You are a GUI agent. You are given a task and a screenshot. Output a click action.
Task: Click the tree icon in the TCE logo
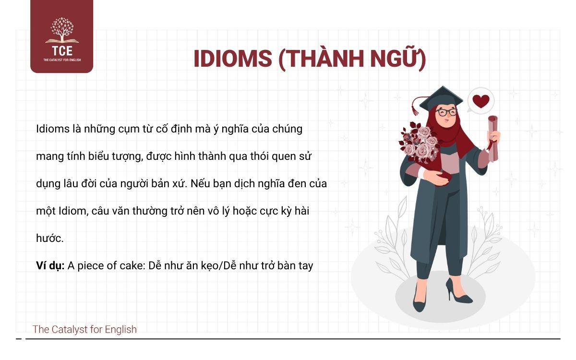click(61, 30)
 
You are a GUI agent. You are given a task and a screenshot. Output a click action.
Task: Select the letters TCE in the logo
click(61, 51)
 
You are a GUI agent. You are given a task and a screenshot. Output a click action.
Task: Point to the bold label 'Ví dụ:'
click(50, 265)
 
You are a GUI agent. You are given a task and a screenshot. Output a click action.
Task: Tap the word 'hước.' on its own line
click(49, 238)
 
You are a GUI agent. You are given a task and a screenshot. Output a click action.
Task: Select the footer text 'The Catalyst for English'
click(84, 329)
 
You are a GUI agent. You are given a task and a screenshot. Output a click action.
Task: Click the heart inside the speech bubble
click(481, 101)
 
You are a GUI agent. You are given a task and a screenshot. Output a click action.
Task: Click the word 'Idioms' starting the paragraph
click(52, 129)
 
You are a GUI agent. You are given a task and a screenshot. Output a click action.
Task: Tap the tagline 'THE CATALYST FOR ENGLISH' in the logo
click(61, 60)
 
